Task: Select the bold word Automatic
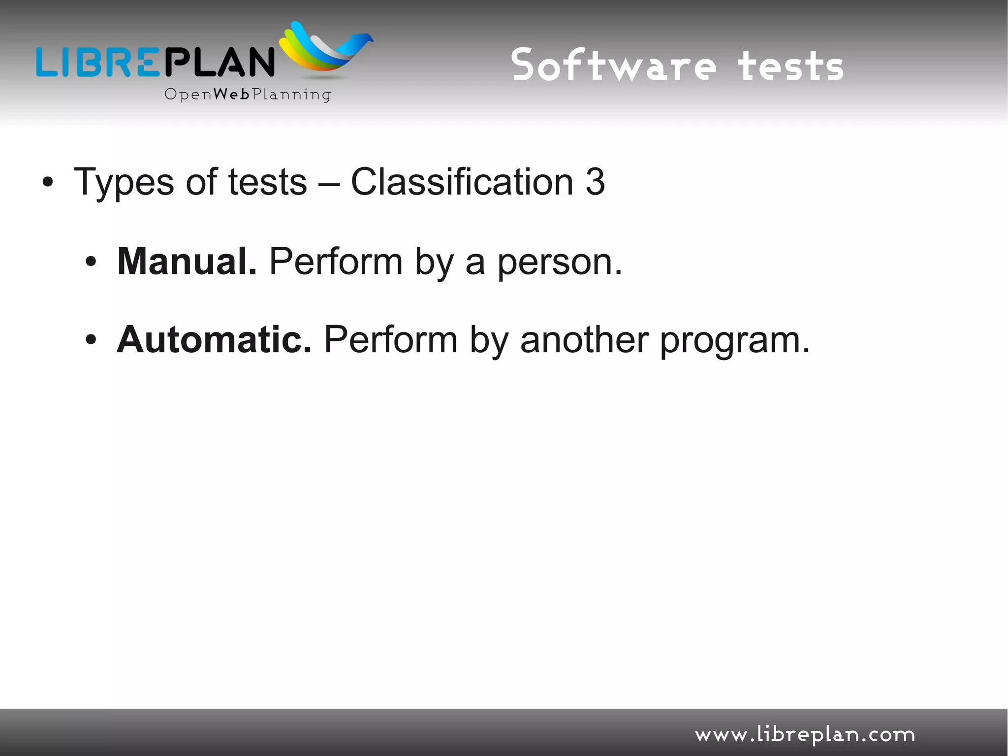tap(214, 340)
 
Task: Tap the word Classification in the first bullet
tap(462, 182)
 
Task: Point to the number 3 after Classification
tap(595, 182)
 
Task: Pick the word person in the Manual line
tap(559, 263)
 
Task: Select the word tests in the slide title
tap(790, 66)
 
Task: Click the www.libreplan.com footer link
tap(804, 735)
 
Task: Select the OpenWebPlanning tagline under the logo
tap(248, 95)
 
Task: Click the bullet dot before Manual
tap(91, 263)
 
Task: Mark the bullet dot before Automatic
tap(91, 340)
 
